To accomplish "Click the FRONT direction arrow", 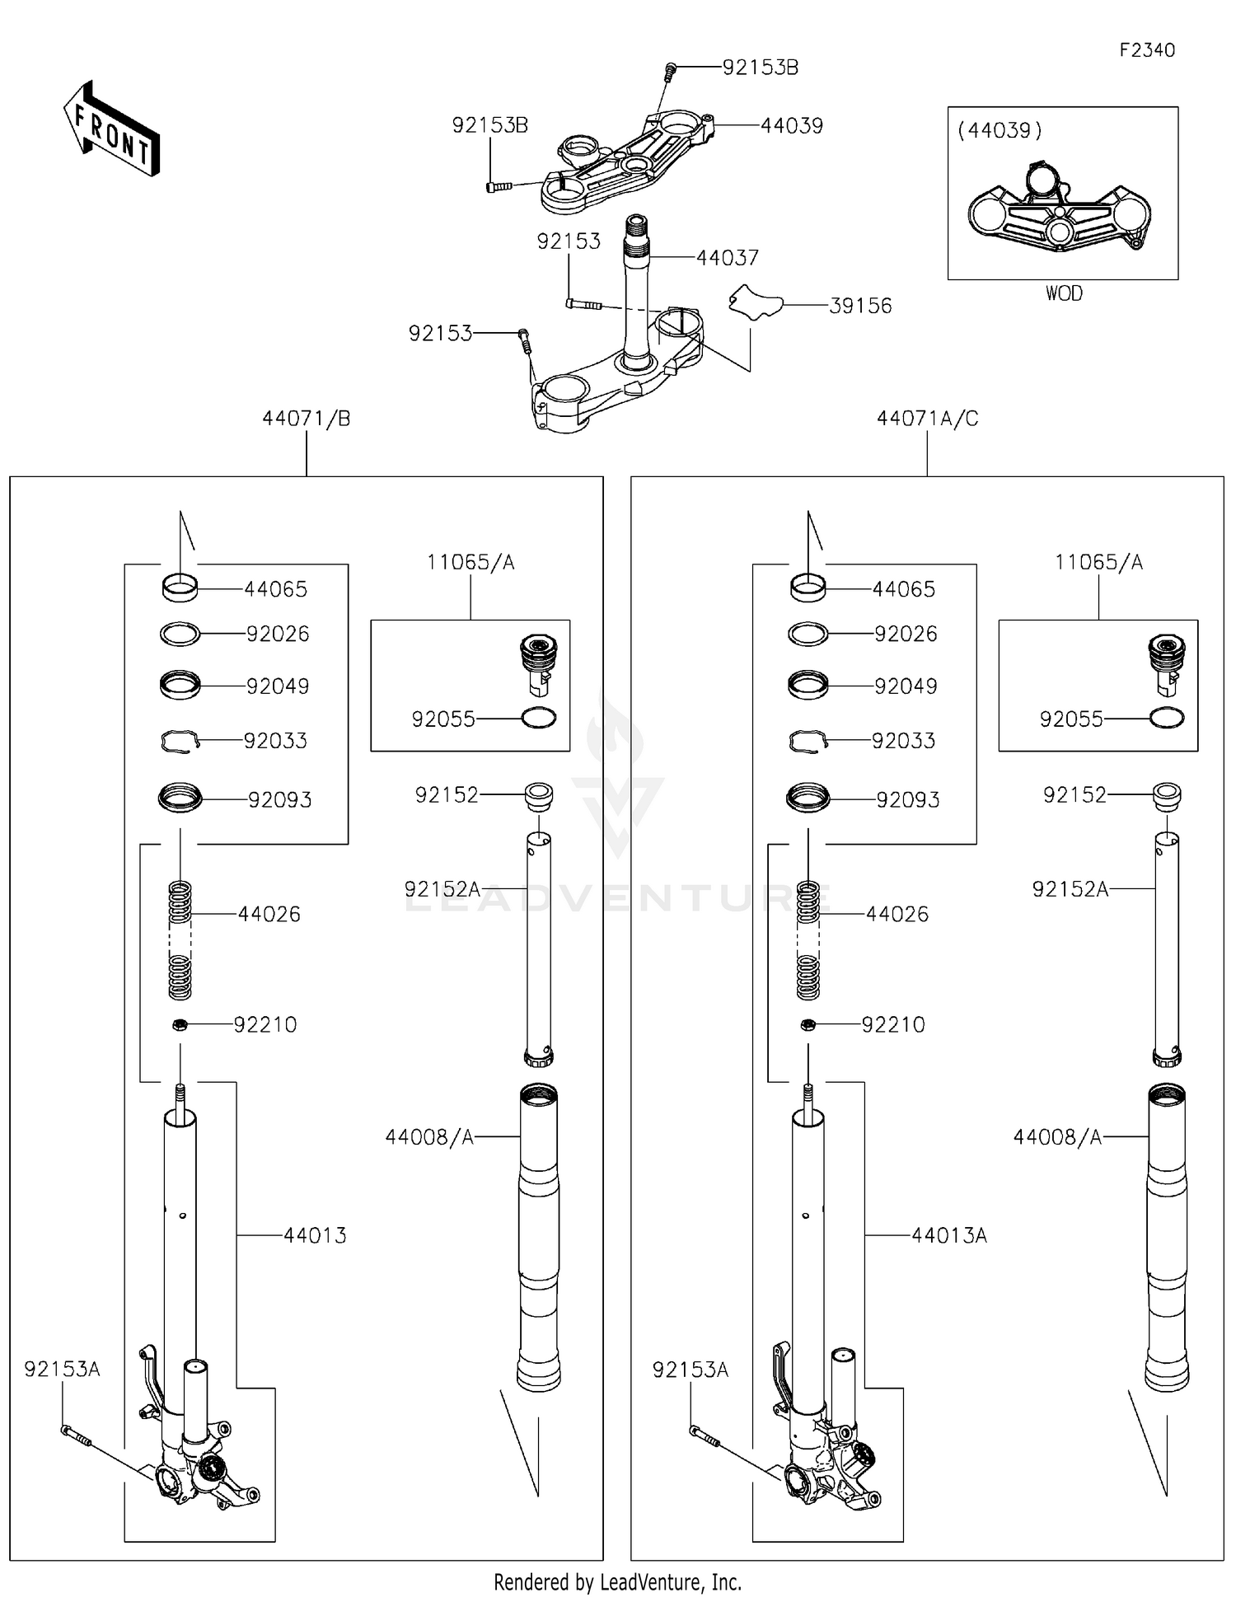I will (x=112, y=129).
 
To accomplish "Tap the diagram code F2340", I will (x=1146, y=50).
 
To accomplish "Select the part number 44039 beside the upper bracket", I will (x=791, y=126).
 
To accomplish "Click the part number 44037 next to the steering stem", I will (x=727, y=258).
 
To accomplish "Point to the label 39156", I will (x=859, y=306).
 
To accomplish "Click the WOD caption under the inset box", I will (x=1063, y=293).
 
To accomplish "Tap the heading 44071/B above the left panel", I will (x=306, y=419).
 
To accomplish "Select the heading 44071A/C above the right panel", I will (x=927, y=419).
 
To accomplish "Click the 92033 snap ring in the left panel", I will (x=180, y=741).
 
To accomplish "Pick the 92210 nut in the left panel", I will (x=180, y=1024).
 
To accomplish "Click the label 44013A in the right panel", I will (x=948, y=1235).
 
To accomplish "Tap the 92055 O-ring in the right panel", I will (x=1167, y=718).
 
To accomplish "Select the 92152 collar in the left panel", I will (x=539, y=795).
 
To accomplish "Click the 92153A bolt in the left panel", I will (x=75, y=1435).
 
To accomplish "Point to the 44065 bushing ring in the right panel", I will (x=808, y=588).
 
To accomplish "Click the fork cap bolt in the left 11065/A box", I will (x=540, y=659).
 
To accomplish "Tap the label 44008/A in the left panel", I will (x=429, y=1137).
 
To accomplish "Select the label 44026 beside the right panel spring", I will (x=897, y=914).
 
